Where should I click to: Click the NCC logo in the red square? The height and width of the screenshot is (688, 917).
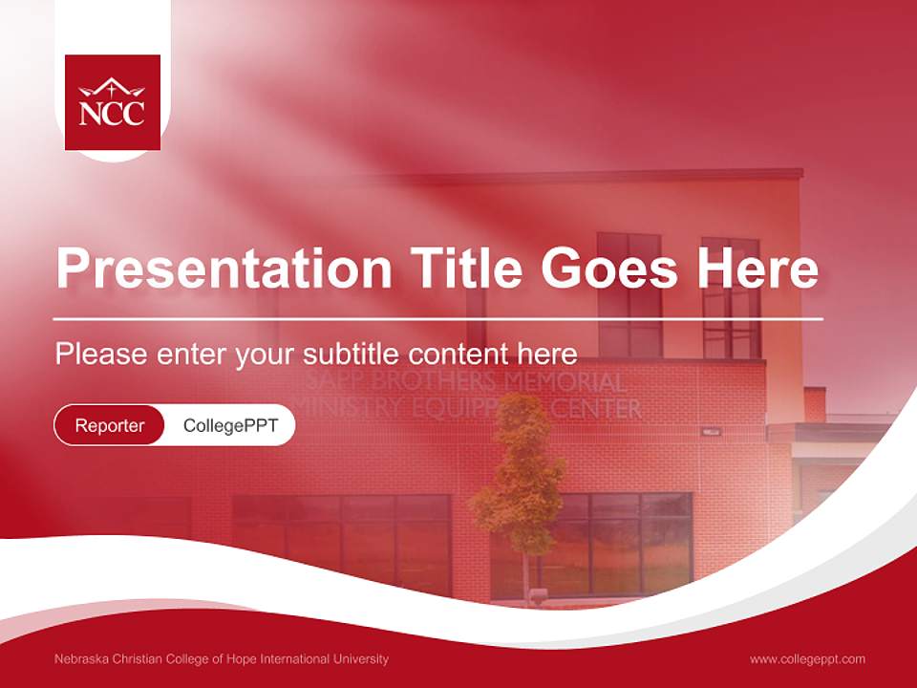click(x=113, y=102)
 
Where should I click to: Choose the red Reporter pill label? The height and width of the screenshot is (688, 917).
click(x=110, y=425)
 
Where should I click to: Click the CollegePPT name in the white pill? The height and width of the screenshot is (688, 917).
click(x=230, y=425)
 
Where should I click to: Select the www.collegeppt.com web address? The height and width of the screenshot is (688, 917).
click(x=807, y=659)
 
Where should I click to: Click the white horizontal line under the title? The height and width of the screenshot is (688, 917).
click(x=437, y=318)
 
